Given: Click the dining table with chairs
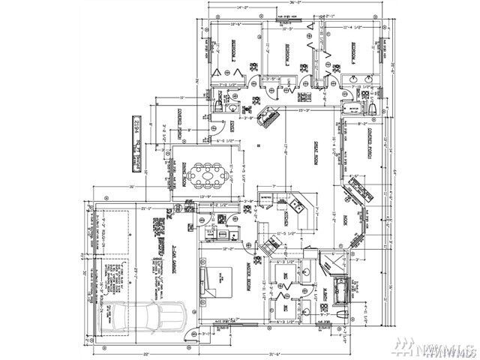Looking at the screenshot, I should click(x=206, y=177).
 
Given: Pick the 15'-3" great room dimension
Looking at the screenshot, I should click(x=303, y=111).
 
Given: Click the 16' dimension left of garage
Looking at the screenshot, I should click(x=130, y=187).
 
